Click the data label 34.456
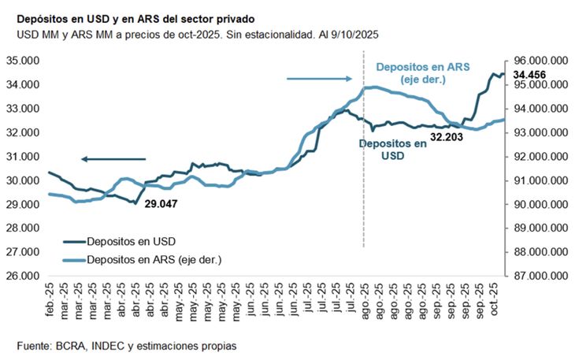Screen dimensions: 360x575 (x=531, y=76)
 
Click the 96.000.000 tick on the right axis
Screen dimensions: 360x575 (x=540, y=60)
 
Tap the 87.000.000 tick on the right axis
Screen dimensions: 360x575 (x=540, y=276)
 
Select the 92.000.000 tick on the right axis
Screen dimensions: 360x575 (x=540, y=157)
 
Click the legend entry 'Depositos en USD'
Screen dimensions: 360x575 (x=126, y=240)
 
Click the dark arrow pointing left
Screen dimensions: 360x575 (x=113, y=159)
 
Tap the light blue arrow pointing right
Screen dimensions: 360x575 (x=319, y=78)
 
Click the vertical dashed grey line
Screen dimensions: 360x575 (x=363, y=197)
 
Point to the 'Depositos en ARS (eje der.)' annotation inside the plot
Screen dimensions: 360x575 (x=422, y=73)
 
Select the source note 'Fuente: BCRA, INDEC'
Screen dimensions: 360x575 (x=126, y=345)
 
